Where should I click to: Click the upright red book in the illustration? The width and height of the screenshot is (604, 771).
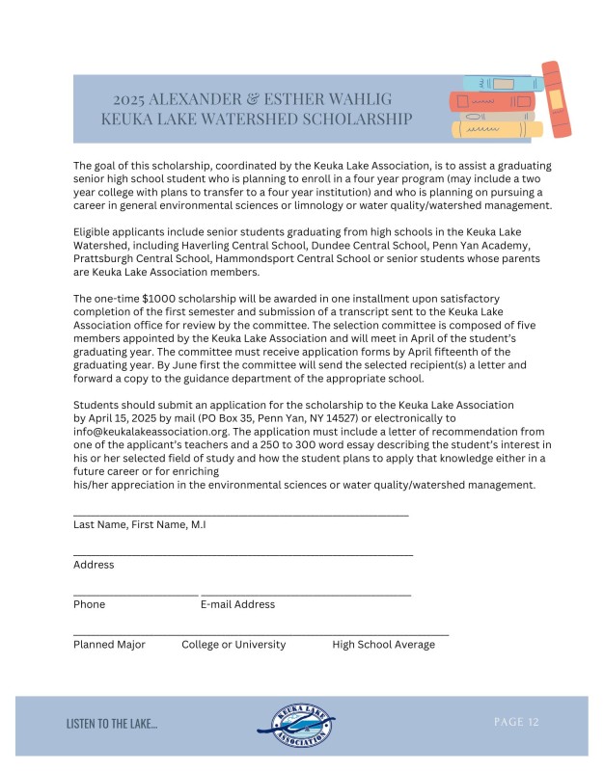[556, 99]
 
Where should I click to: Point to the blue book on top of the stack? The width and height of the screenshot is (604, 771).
[497, 83]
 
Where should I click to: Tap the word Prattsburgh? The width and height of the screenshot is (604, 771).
[103, 259]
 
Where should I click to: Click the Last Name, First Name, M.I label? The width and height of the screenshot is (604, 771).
[139, 524]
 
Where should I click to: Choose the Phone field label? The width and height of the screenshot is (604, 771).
[89, 604]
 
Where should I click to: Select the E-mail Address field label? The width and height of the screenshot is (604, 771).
[237, 604]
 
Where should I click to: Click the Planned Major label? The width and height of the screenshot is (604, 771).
[109, 645]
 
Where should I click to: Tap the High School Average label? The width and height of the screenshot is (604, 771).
[383, 645]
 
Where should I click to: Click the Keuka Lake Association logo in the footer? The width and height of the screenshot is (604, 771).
[301, 725]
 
